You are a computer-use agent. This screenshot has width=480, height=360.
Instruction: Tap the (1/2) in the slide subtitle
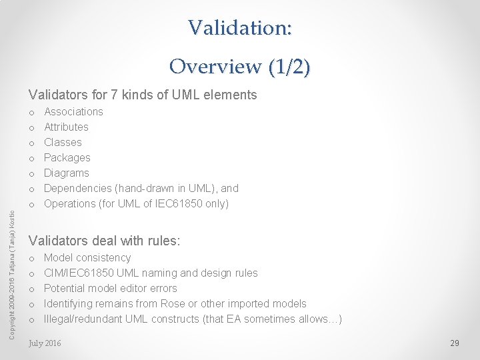click(289, 67)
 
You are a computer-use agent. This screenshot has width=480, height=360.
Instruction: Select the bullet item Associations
click(73, 111)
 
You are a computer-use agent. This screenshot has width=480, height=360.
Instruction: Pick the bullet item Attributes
click(66, 127)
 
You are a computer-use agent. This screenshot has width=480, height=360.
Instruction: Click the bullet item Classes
click(63, 142)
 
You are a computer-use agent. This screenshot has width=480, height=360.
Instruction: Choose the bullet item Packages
click(67, 157)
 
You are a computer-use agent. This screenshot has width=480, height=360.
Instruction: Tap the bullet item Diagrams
click(66, 173)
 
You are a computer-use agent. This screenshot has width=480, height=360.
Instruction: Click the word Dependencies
click(79, 188)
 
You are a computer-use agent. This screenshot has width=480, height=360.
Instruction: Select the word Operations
click(71, 203)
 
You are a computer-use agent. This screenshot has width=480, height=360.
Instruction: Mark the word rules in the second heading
click(163, 241)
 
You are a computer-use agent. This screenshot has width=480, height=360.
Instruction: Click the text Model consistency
click(87, 257)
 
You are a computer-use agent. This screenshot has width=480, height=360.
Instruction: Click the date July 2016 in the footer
click(45, 343)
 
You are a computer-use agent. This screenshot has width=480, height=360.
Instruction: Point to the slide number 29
click(455, 343)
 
